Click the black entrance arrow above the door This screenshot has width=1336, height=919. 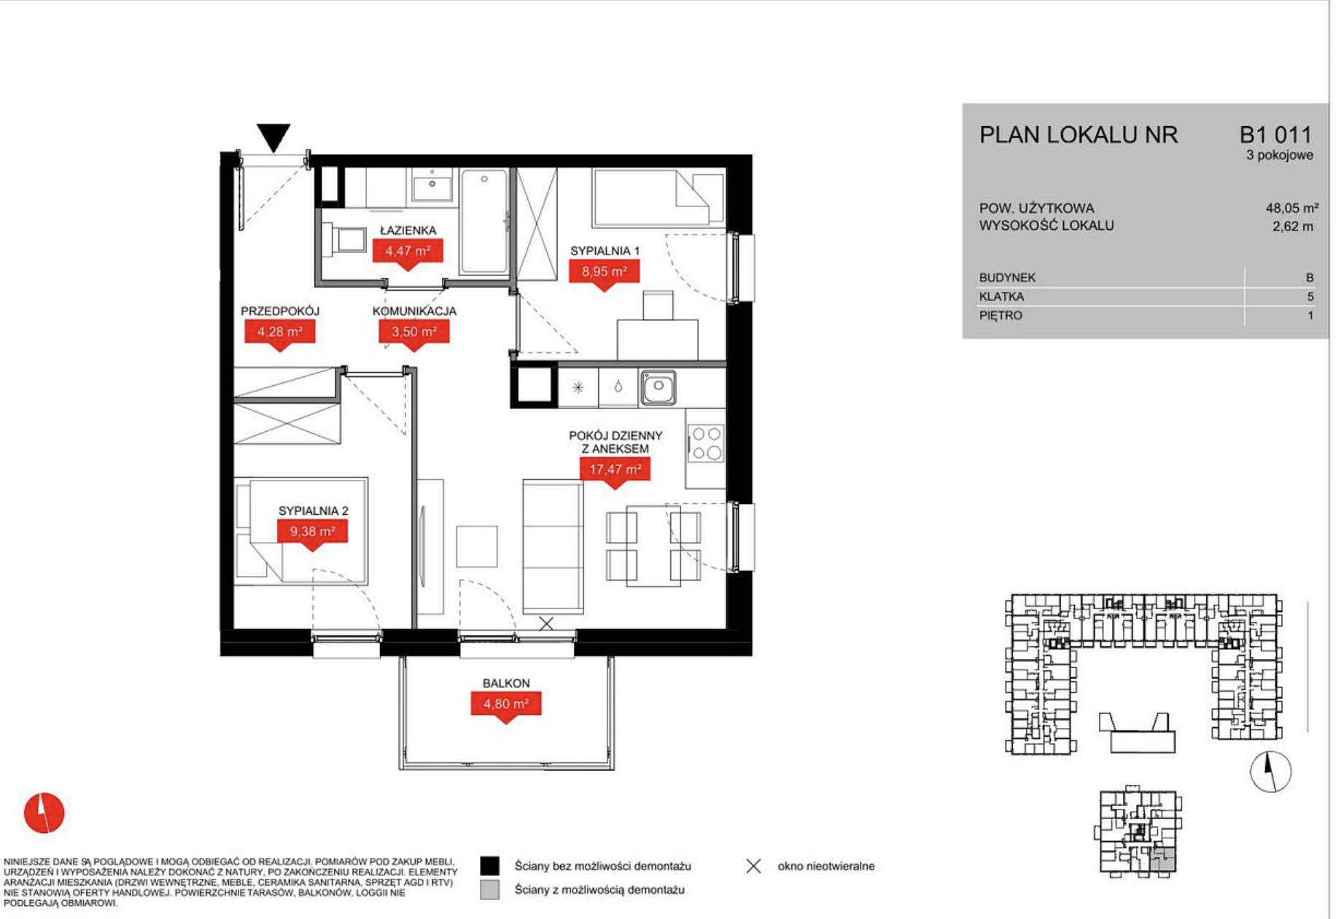(x=273, y=136)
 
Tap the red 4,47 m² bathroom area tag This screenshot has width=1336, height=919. (x=408, y=253)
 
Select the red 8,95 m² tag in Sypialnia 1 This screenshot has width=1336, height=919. (x=604, y=274)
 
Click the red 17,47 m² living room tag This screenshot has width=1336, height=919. (x=615, y=470)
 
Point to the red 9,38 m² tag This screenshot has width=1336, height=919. (x=312, y=532)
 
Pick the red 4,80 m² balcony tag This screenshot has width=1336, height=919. (x=506, y=705)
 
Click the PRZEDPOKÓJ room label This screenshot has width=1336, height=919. (x=280, y=311)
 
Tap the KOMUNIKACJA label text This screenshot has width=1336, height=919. (x=414, y=311)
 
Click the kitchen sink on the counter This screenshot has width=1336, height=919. (x=658, y=387)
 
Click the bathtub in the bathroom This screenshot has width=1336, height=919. (x=483, y=222)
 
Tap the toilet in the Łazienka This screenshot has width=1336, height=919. (x=343, y=239)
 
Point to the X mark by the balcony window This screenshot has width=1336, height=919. (x=546, y=624)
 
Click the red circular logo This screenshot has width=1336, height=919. (x=44, y=813)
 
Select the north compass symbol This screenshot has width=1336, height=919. (x=1270, y=771)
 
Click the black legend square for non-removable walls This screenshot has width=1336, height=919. (x=490, y=866)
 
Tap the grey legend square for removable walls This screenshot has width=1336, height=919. (x=490, y=890)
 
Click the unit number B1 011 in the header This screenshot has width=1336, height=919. (x=1275, y=135)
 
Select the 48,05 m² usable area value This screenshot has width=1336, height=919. (x=1292, y=208)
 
